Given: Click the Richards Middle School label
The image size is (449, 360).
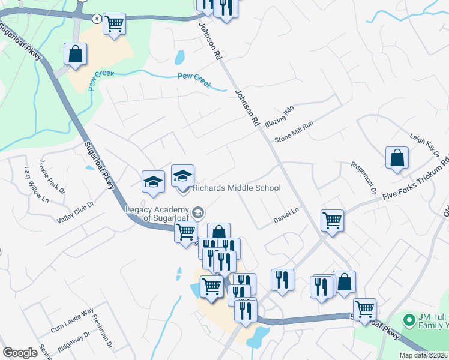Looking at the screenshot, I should coord(236,188).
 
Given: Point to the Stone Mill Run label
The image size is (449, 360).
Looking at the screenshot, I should coord(294,132).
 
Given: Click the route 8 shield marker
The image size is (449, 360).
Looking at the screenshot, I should coord(96,19).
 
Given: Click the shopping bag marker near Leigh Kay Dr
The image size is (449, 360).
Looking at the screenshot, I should coord(397,159).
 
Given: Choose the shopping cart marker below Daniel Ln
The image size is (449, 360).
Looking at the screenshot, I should coord(331,221).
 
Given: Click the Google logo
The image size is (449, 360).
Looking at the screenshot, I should coord(20,353).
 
